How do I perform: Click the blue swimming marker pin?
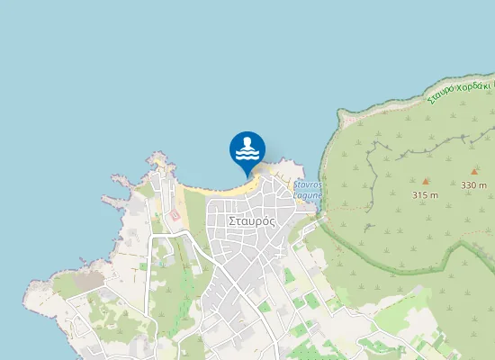(247, 149)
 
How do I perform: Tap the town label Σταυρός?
(252, 220)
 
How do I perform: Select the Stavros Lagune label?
(308, 189)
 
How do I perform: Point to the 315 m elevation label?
(425, 195)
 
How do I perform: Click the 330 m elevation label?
(474, 185)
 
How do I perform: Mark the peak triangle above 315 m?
(425, 181)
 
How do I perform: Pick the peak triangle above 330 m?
(474, 171)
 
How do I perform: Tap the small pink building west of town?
(175, 215)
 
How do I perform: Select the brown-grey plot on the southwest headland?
(88, 282)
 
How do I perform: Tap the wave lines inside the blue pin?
(247, 153)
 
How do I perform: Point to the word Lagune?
(308, 194)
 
